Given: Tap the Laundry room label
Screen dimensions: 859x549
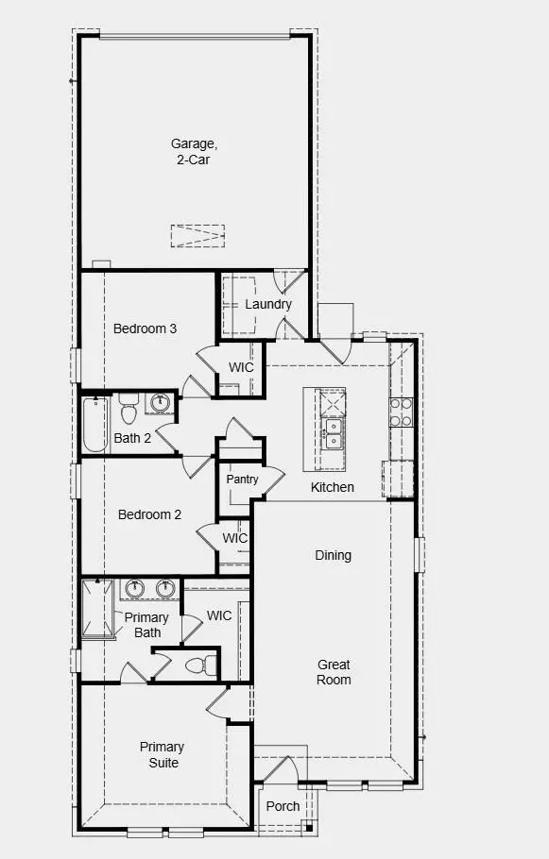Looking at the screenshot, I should pyautogui.click(x=268, y=304).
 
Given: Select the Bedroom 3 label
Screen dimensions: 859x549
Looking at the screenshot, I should pyautogui.click(x=145, y=328).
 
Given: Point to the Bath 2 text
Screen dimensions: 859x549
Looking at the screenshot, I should pyautogui.click(x=132, y=437).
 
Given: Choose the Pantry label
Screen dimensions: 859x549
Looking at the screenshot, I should pyautogui.click(x=242, y=480).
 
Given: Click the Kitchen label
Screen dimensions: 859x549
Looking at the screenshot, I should pyautogui.click(x=333, y=487).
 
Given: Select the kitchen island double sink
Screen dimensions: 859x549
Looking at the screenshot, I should pyautogui.click(x=333, y=437).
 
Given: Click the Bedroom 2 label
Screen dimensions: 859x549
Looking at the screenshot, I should pyautogui.click(x=149, y=514).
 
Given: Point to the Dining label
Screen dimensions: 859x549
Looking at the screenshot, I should pyautogui.click(x=333, y=555).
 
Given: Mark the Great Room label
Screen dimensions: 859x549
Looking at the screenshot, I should pyautogui.click(x=334, y=672).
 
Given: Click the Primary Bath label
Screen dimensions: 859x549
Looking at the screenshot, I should pyautogui.click(x=147, y=625).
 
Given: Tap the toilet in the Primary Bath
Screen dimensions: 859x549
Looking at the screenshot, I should pyautogui.click(x=196, y=665).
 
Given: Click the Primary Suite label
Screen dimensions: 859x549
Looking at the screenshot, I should pyautogui.click(x=162, y=754).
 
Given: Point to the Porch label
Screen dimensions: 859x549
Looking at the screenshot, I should pyautogui.click(x=283, y=806).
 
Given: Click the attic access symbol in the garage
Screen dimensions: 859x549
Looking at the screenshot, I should pyautogui.click(x=197, y=235).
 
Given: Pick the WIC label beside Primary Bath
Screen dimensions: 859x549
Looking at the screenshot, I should pyautogui.click(x=219, y=615).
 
